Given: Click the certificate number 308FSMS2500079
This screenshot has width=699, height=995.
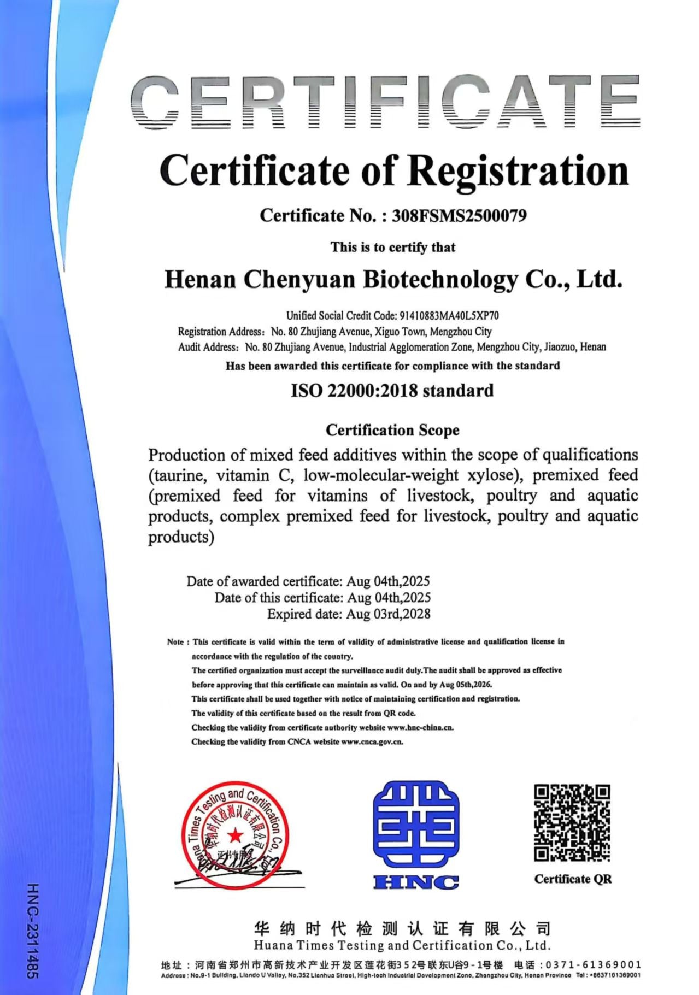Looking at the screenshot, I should tap(459, 216).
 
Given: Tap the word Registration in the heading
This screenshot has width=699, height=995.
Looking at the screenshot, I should tap(518, 171).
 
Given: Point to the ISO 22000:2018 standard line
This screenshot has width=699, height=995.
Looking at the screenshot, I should tap(392, 391).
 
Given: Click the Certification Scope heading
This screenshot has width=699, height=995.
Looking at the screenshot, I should tap(392, 430).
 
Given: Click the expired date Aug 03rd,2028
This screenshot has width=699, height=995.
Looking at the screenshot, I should tap(388, 614).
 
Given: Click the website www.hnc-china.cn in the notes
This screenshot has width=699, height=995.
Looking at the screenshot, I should tap(420, 727).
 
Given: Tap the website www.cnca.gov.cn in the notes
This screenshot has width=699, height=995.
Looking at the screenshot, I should tap(372, 741).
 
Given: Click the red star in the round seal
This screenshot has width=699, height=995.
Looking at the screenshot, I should tap(235, 834).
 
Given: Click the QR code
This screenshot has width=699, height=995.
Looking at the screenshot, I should tap(572, 822).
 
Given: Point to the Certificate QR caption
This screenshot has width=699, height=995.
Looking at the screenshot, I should tap(573, 879).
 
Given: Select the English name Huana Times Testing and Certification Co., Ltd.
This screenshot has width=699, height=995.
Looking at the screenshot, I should tap(402, 945).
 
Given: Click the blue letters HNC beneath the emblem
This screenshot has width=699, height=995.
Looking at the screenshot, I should tap(416, 881).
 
